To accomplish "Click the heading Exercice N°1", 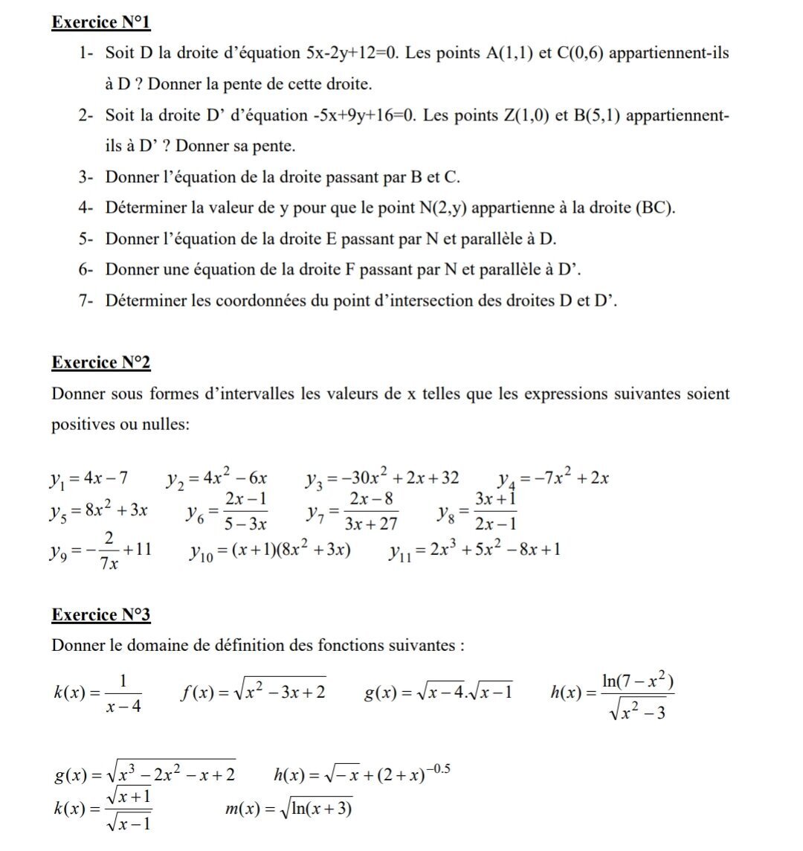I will click(101, 22).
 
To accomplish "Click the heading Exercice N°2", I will click(101, 362).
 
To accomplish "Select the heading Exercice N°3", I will click(101, 614).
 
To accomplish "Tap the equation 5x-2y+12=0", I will click(352, 54).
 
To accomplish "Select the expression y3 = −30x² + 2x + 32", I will click(382, 478).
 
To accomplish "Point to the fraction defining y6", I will click(246, 511).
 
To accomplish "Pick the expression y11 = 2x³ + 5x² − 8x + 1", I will click(474, 550).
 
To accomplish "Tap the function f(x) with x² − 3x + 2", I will click(254, 693).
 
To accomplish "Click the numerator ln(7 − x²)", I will click(639, 679).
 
